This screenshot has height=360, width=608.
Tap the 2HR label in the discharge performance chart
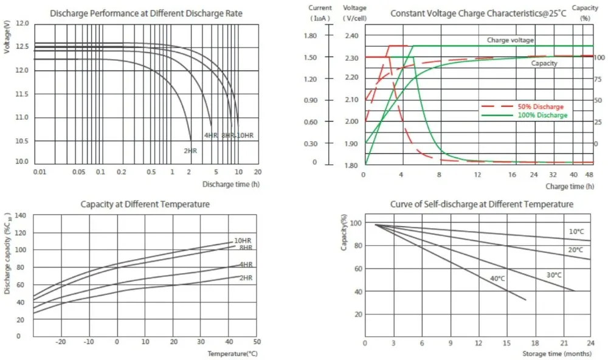(x=190, y=150)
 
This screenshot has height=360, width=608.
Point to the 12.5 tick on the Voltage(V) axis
(x=21, y=47)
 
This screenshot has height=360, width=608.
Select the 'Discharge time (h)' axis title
(x=230, y=183)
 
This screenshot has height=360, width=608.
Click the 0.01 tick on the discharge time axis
(x=40, y=172)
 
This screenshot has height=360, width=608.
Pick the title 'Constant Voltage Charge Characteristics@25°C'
(x=478, y=13)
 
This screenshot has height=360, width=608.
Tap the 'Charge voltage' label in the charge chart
(x=510, y=40)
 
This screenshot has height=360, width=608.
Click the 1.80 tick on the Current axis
(x=310, y=35)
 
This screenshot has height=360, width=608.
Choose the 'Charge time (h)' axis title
(x=570, y=186)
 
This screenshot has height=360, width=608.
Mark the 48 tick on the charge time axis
(x=589, y=175)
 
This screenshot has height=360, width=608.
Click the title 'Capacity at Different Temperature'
(x=145, y=204)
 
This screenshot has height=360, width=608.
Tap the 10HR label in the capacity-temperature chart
(x=243, y=241)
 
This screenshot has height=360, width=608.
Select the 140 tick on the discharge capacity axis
(x=21, y=216)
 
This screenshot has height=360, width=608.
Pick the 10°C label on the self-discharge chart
(x=576, y=232)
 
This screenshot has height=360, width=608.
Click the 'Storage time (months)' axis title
(x=557, y=353)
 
